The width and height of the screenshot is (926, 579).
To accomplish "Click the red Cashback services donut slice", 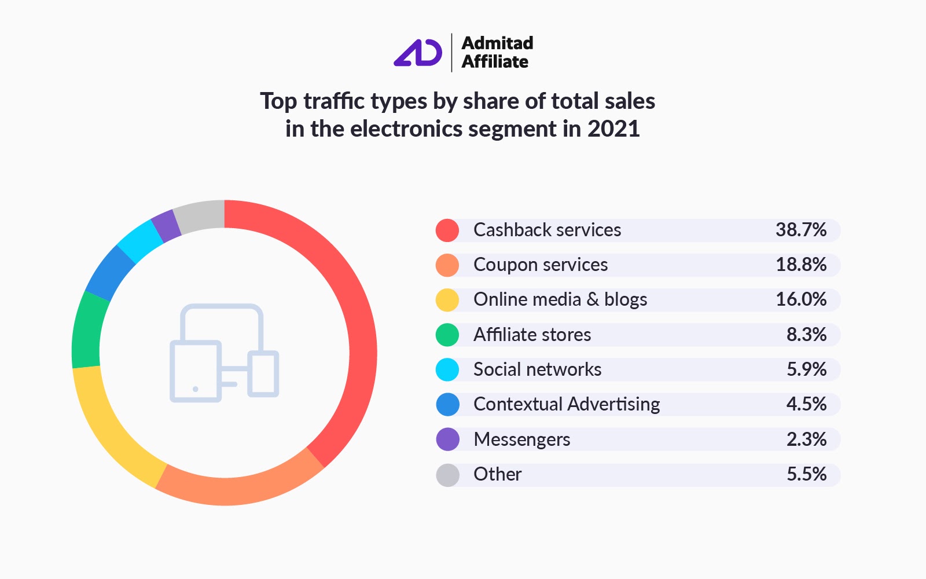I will [359, 324].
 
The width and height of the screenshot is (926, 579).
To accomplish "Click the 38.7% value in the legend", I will [800, 230].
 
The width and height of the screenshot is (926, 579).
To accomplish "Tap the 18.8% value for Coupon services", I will [800, 265].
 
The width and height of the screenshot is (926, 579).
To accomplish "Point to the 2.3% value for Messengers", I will [806, 439].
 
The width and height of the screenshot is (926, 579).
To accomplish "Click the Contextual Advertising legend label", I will [566, 404].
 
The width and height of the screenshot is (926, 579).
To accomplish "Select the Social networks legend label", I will [537, 369].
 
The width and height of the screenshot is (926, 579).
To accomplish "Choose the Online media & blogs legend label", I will [560, 299].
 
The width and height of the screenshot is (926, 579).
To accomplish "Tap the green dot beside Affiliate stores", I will [447, 335].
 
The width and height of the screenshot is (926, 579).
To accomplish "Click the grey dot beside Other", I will [447, 475].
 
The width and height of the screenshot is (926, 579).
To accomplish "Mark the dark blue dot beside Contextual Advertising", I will [447, 405].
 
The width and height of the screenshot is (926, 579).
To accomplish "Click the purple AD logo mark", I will [418, 53].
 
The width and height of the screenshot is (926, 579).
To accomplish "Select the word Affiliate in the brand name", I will [495, 62].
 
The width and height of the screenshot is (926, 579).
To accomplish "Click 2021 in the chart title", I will [613, 129].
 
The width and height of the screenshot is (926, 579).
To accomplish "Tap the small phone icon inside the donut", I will [263, 373].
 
